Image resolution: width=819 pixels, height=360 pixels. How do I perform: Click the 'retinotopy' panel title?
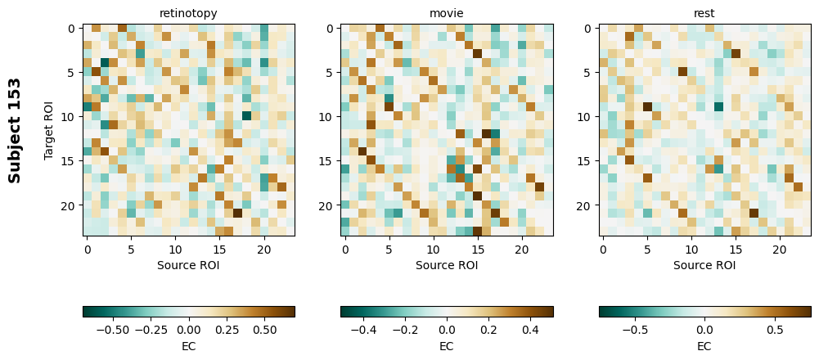pyautogui.click(x=189, y=13)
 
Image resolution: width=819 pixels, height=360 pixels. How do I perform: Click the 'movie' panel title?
pyautogui.click(x=447, y=13)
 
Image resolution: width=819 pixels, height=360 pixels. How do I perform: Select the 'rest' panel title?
pyautogui.click(x=704, y=13)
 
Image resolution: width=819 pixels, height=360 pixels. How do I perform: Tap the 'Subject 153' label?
pyautogui.click(x=15, y=130)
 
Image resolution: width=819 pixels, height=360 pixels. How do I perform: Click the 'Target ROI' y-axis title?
pyautogui.click(x=49, y=130)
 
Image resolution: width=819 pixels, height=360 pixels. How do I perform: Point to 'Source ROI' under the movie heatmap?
pyautogui.click(x=447, y=265)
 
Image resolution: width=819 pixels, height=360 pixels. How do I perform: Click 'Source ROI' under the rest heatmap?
pyautogui.click(x=704, y=265)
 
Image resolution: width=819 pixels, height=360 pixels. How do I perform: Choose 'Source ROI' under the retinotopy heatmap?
pyautogui.click(x=189, y=265)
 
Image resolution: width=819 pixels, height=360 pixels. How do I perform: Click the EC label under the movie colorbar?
pyautogui.click(x=447, y=346)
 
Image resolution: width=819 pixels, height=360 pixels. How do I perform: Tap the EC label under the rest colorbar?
pyautogui.click(x=704, y=346)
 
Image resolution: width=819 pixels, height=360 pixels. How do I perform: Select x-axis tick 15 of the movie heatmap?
pyautogui.click(x=478, y=248)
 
